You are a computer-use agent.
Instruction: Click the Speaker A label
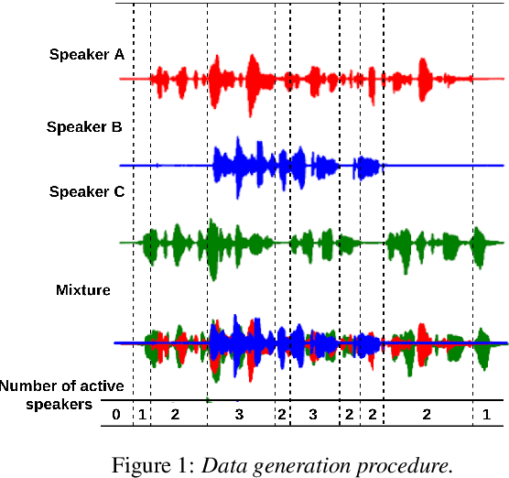coord(86,55)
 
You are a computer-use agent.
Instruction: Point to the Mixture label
coord(83,290)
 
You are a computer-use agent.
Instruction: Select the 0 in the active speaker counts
coord(116,415)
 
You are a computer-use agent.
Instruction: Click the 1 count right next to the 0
coord(141,415)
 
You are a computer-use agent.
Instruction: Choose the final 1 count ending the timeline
coord(486,415)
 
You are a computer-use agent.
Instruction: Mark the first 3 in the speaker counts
coord(240,415)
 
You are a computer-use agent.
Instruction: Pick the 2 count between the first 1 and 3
coord(175,415)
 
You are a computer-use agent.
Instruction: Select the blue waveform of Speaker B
coord(275,166)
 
